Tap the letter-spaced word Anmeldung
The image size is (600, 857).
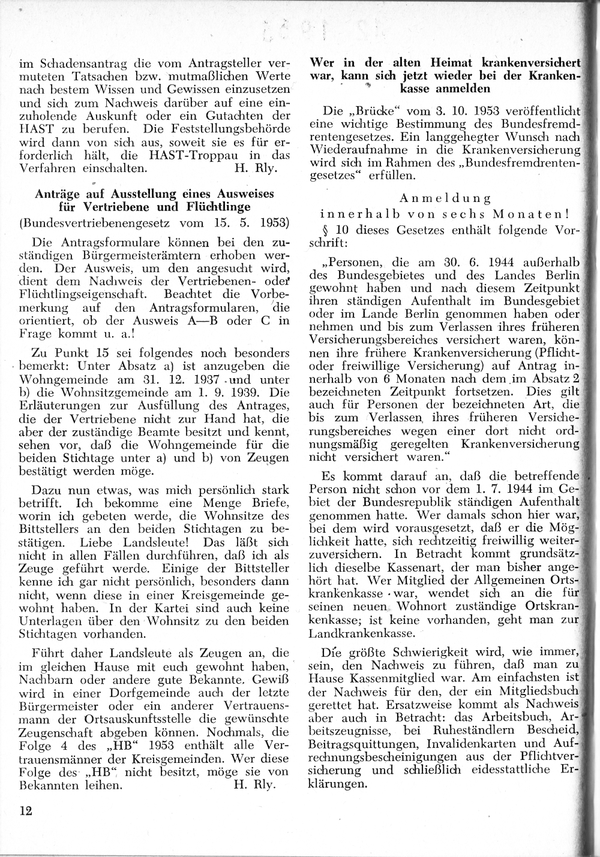coord(445,198)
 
